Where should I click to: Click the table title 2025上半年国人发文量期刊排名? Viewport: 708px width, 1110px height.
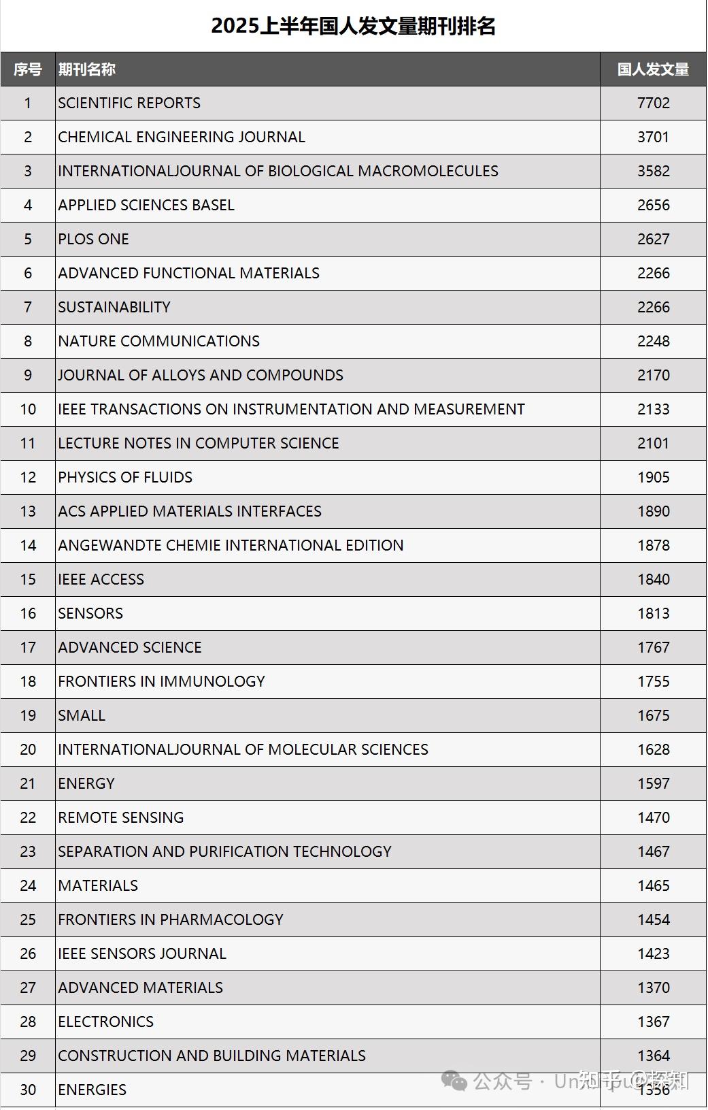(x=353, y=26)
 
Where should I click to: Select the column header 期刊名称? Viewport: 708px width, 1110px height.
(x=86, y=69)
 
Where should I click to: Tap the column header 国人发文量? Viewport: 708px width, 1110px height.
(x=653, y=69)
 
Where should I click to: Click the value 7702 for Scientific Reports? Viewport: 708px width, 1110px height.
(x=653, y=103)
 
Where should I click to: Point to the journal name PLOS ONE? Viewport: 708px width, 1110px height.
(x=93, y=240)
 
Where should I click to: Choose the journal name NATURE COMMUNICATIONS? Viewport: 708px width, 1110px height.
(x=158, y=342)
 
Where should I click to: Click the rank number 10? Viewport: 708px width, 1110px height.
(x=28, y=410)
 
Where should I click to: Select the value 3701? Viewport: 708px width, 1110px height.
(x=653, y=137)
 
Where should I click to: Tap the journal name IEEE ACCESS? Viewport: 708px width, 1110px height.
(x=101, y=580)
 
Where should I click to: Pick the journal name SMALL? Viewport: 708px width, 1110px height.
(x=82, y=716)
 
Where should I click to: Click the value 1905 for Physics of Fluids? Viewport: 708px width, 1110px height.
(x=653, y=478)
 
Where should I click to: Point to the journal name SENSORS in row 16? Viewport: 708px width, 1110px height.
(x=90, y=614)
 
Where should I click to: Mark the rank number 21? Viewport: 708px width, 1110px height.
(x=28, y=784)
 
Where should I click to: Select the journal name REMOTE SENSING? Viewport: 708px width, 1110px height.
(x=120, y=818)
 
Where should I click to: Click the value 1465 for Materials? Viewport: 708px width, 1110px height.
(x=653, y=886)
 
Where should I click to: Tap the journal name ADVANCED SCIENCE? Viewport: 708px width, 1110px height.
(x=129, y=648)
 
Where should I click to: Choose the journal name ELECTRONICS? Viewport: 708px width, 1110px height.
(x=105, y=1022)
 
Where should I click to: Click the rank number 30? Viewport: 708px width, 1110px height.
(x=28, y=1090)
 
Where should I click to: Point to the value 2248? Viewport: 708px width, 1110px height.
(x=653, y=342)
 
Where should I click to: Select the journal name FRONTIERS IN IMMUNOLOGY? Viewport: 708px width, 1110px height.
(x=161, y=682)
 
